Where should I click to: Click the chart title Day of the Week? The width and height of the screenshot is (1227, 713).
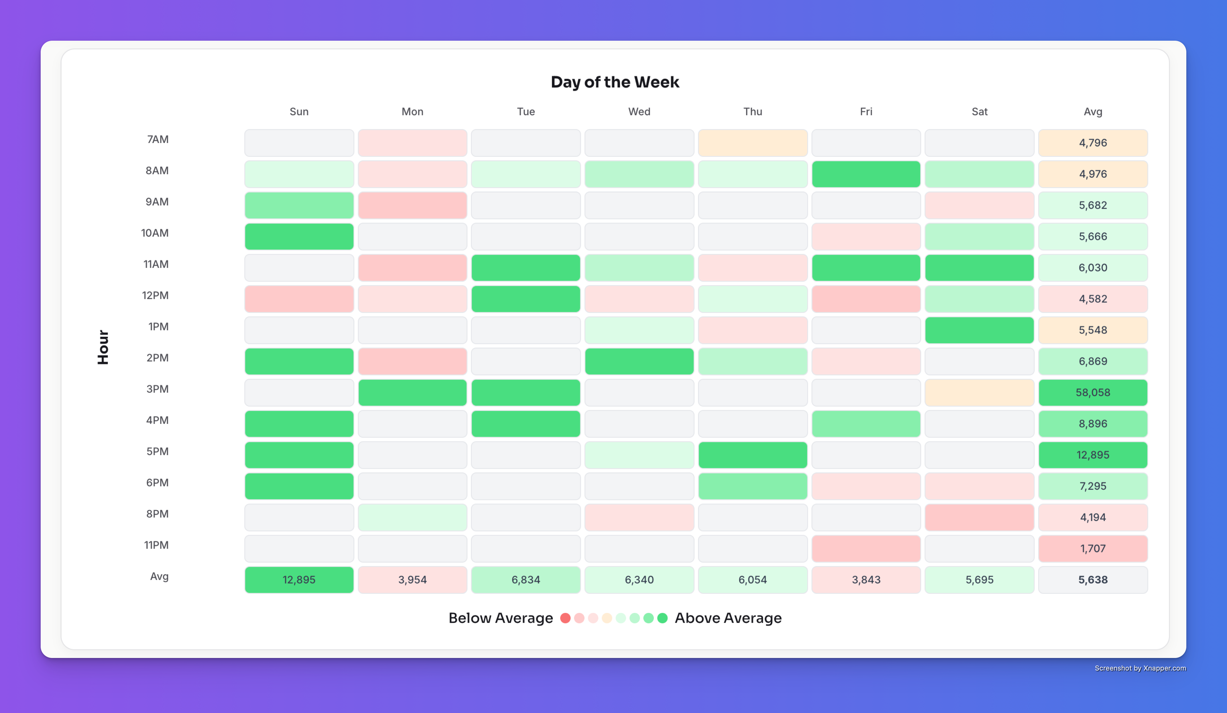pyautogui.click(x=614, y=82)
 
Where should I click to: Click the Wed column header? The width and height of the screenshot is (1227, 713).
pyautogui.click(x=639, y=111)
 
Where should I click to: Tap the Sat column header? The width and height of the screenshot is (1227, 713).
pyautogui.click(x=979, y=111)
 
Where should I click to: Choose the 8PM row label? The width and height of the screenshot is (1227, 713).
pyautogui.click(x=157, y=514)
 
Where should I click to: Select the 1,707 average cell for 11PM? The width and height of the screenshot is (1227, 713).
pyautogui.click(x=1093, y=549)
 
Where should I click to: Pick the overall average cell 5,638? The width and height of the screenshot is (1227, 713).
pyautogui.click(x=1093, y=579)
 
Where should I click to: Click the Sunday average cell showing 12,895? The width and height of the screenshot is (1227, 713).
pyautogui.click(x=299, y=579)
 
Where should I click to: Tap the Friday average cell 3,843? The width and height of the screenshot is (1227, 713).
pyautogui.click(x=866, y=579)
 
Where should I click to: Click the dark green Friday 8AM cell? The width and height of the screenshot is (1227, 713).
pyautogui.click(x=866, y=174)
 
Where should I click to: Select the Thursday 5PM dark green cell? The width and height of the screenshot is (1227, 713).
pyautogui.click(x=752, y=455)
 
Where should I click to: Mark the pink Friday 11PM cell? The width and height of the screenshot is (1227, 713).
pyautogui.click(x=866, y=549)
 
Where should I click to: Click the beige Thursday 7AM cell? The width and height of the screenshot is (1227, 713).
pyautogui.click(x=752, y=143)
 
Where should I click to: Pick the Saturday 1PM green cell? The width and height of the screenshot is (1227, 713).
pyautogui.click(x=979, y=330)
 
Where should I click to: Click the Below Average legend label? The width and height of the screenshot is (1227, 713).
pyautogui.click(x=501, y=618)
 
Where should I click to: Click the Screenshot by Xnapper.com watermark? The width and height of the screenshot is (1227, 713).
pyautogui.click(x=1140, y=668)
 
